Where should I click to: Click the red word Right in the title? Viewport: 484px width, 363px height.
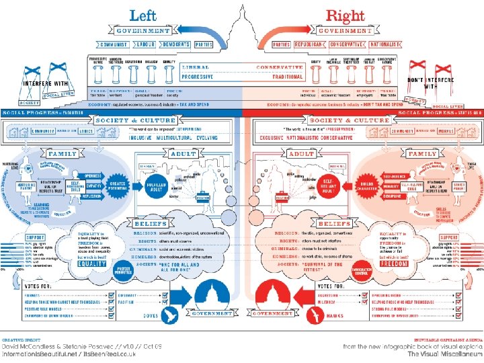[345, 15]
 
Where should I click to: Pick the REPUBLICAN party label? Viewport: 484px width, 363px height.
[311, 44]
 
